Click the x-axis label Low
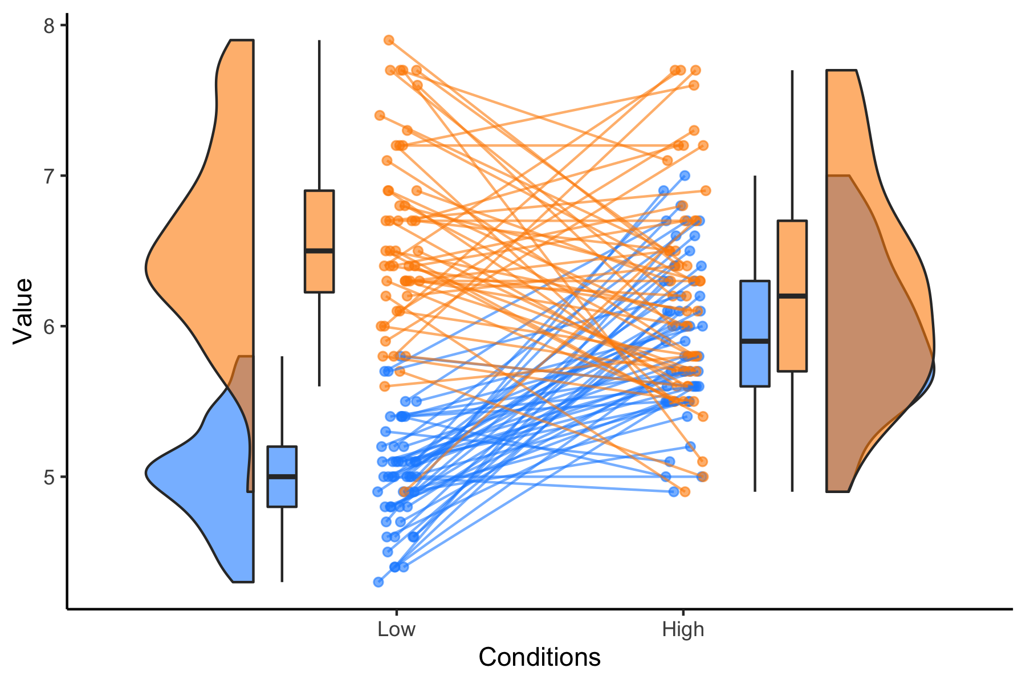(396, 629)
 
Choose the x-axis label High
(683, 629)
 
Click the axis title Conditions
(539, 657)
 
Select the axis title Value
(23, 311)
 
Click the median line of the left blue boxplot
(282, 477)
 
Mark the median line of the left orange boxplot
(319, 251)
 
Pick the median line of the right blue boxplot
(755, 341)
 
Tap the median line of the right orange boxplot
(792, 296)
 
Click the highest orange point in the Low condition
(389, 40)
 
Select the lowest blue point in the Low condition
(378, 581)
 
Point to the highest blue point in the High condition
(685, 176)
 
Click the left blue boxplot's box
(282, 490)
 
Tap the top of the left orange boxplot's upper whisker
(319, 41)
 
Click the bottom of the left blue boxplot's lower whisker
(282, 581)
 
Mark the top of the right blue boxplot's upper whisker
(755, 177)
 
